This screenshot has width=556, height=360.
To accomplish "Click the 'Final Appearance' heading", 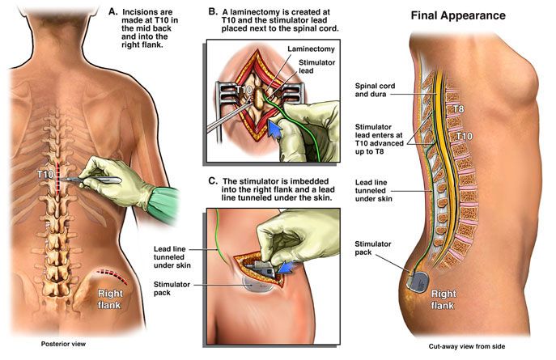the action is (458, 15).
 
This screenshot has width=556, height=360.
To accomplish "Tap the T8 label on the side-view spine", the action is (459, 108).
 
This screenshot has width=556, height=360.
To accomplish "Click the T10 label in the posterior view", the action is (45, 174).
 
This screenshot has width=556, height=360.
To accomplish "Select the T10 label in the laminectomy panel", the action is (244, 90).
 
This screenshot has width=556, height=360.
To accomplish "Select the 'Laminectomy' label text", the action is (311, 49).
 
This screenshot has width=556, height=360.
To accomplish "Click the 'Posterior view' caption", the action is (63, 344).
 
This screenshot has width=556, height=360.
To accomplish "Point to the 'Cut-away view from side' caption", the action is (467, 346).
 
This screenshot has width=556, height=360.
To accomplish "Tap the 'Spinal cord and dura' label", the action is (375, 90).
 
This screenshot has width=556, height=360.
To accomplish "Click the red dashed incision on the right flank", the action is (112, 276).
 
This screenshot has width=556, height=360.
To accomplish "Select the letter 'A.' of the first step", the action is (112, 11).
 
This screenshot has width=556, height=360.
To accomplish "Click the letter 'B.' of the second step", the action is (213, 11).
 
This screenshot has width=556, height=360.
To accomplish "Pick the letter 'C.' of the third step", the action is (213, 181).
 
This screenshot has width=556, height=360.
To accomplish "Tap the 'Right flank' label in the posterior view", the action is (110, 299).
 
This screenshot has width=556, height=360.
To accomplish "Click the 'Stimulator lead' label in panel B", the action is (316, 66).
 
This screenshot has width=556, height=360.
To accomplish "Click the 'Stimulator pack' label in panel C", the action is (172, 289).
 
